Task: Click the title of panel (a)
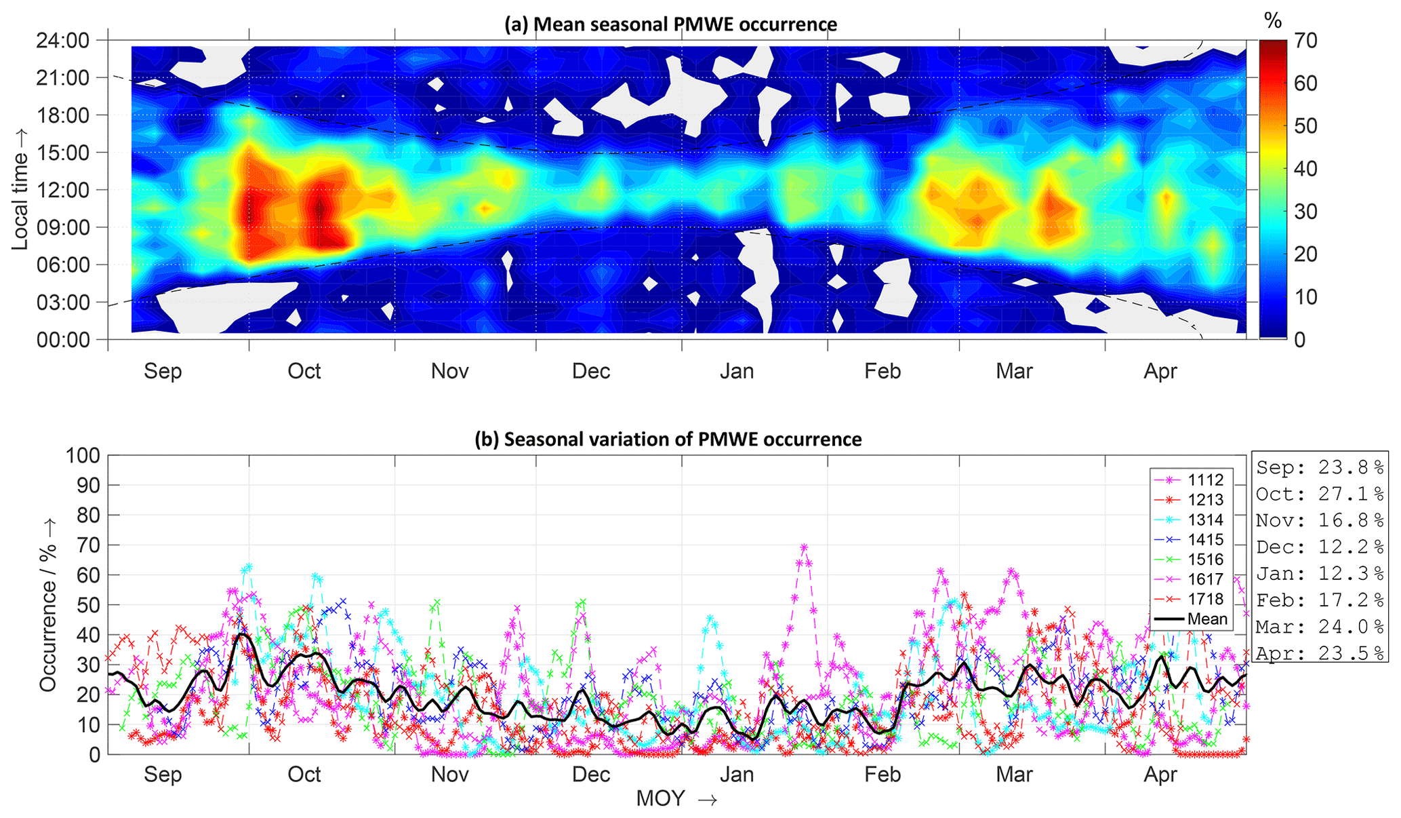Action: tap(670, 24)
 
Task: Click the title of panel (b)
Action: tap(668, 440)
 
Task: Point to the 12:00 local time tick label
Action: tap(62, 190)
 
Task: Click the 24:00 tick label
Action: tap(62, 41)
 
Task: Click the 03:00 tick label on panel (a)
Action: tap(62, 303)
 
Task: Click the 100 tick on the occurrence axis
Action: tap(82, 455)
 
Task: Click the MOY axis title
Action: tap(676, 799)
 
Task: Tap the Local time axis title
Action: tap(20, 201)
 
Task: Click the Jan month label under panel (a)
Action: tap(737, 371)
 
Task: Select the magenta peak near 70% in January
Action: tap(804, 547)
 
